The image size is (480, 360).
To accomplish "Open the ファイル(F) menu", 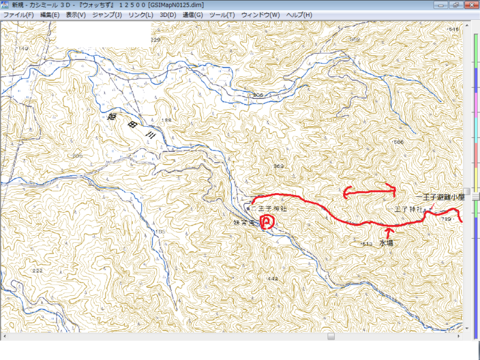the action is (18, 14).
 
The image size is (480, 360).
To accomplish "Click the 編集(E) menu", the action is (49, 14).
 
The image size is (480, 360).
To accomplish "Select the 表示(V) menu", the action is (75, 14).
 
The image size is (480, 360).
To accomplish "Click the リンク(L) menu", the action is (140, 14).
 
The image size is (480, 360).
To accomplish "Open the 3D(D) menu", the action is (168, 14).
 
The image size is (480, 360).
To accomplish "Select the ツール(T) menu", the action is (222, 14).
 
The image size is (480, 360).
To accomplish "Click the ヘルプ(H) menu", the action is (298, 14).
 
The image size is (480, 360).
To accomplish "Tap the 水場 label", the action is (386, 244).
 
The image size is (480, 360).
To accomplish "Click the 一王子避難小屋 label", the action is (441, 197).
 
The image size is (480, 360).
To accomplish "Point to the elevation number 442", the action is (273, 278).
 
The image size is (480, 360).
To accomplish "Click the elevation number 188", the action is (166, 120).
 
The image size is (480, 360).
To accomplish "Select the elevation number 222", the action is (37, 271).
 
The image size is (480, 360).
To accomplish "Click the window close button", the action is (471, 5).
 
